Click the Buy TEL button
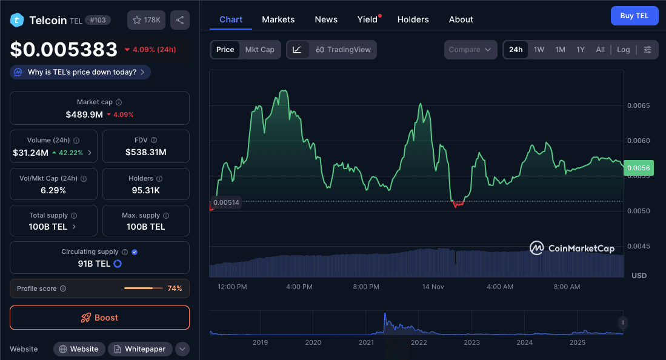tap(634, 16)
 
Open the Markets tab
tap(278, 19)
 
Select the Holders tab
tap(413, 19)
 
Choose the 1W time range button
tap(539, 50)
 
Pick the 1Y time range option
tap(581, 50)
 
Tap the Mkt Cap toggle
tap(259, 50)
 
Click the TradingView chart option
tap(344, 50)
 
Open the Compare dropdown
tap(470, 50)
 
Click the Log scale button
tap(623, 50)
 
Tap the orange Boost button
tap(99, 318)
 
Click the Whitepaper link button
tap(140, 349)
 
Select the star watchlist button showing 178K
tap(146, 20)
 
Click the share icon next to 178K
tap(180, 20)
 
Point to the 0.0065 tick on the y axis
tap(638, 105)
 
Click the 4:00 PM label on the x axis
tap(299, 287)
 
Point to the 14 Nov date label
tap(433, 287)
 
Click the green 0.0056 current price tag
tap(638, 168)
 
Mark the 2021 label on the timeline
tap(366, 342)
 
